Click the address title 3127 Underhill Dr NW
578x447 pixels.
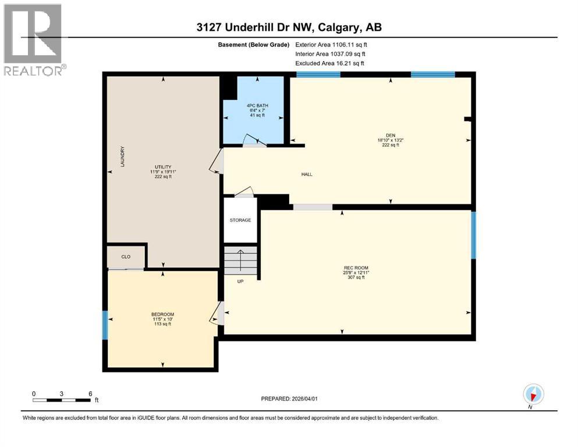click(x=289, y=27)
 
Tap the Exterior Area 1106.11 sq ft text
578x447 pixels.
click(x=331, y=44)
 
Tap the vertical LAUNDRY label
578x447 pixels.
click(x=123, y=157)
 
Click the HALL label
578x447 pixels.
click(x=307, y=174)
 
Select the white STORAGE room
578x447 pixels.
click(x=240, y=220)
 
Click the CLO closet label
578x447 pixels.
click(x=126, y=256)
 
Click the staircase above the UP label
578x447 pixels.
click(x=240, y=260)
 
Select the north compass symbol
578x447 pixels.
click(x=533, y=394)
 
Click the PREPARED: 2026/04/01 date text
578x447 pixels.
click(x=289, y=399)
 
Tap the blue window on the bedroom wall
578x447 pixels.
click(x=105, y=325)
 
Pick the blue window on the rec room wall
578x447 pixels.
click(x=473, y=235)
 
